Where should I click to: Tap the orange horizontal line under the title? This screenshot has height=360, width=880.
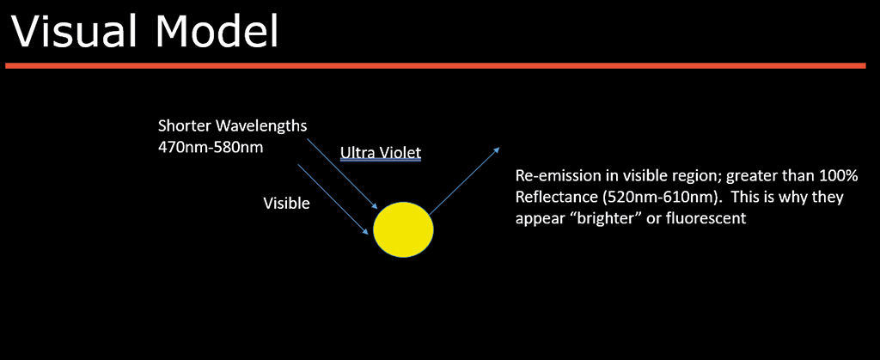click(x=436, y=65)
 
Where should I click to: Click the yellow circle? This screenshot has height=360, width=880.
click(x=404, y=229)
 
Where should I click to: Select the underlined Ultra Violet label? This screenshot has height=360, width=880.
click(x=381, y=153)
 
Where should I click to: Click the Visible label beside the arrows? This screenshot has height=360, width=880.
click(x=286, y=203)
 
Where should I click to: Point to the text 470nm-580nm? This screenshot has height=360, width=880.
click(x=211, y=150)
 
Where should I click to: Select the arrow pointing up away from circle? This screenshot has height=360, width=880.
click(x=465, y=180)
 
